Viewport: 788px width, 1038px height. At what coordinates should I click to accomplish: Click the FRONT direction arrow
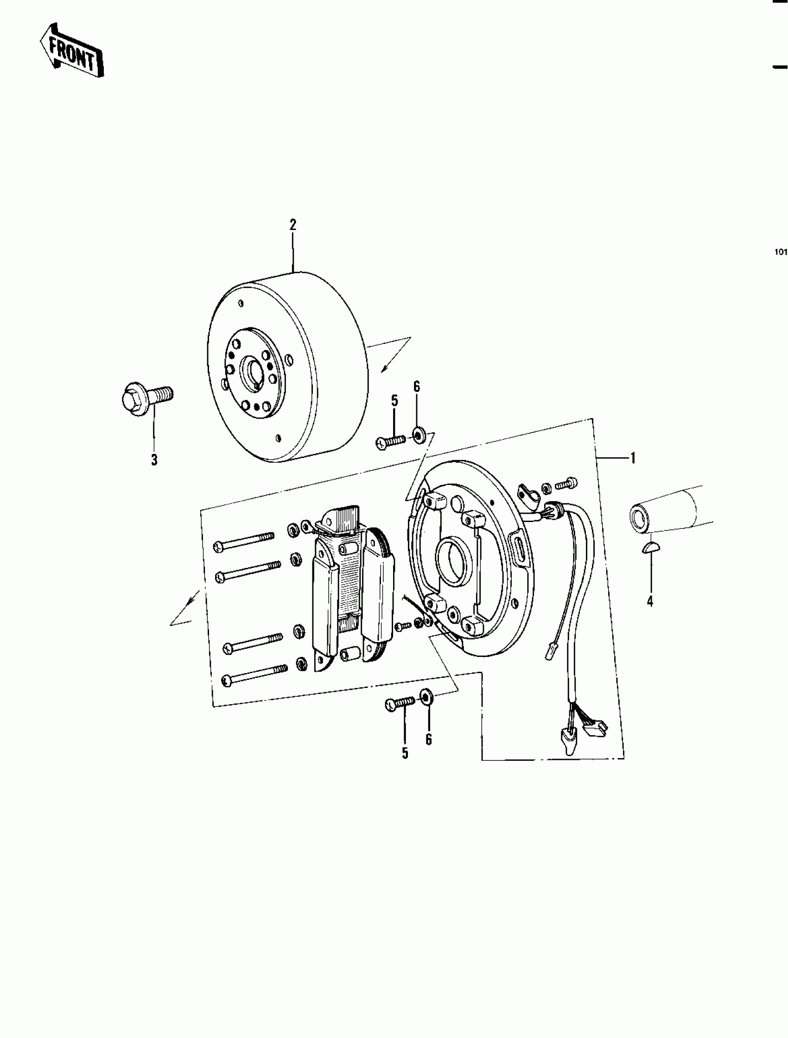click(x=71, y=51)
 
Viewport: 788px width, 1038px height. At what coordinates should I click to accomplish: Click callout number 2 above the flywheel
click(x=293, y=225)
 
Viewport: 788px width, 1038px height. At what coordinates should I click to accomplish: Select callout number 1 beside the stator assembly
click(x=633, y=458)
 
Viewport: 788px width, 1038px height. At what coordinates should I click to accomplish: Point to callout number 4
click(x=650, y=601)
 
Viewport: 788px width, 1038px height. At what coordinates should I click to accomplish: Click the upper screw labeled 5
click(x=390, y=441)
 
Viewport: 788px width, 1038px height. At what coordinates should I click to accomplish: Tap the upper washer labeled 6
click(x=417, y=435)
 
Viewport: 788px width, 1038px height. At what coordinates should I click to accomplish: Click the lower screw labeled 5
click(x=400, y=716)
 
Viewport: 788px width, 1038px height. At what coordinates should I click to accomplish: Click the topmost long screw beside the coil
click(x=244, y=541)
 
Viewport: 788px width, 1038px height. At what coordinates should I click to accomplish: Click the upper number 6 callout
click(x=417, y=387)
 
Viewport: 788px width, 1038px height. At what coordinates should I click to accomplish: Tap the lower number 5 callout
click(x=405, y=754)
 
